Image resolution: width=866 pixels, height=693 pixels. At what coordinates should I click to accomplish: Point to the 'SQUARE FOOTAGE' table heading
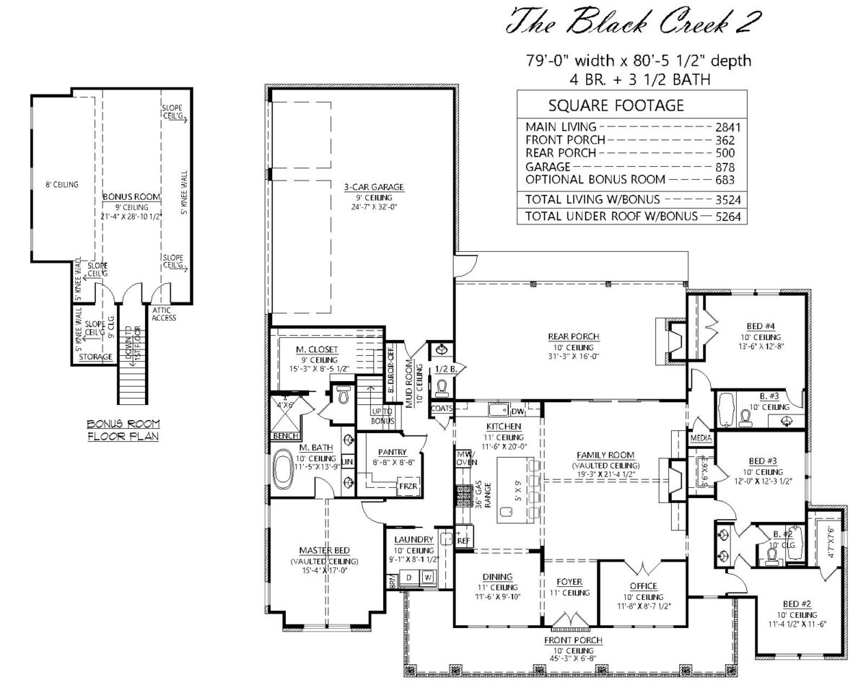pos(616,106)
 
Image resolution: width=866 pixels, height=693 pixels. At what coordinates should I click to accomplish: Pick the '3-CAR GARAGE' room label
pos(373,187)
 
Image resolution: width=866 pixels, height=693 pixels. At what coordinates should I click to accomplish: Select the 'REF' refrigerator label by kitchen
pos(463,539)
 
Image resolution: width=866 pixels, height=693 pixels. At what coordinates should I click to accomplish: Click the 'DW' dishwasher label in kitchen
pos(517,412)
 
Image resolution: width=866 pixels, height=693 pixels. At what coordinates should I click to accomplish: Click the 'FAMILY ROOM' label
pos(605,455)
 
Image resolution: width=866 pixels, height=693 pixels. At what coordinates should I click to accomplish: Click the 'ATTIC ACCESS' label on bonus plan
pos(164,313)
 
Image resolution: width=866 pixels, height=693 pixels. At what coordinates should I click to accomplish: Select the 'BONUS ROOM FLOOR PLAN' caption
pos(123,430)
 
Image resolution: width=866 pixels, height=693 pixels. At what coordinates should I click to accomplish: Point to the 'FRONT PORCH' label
pos(574,640)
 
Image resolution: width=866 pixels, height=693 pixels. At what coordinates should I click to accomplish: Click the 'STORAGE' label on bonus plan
pos(95,357)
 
